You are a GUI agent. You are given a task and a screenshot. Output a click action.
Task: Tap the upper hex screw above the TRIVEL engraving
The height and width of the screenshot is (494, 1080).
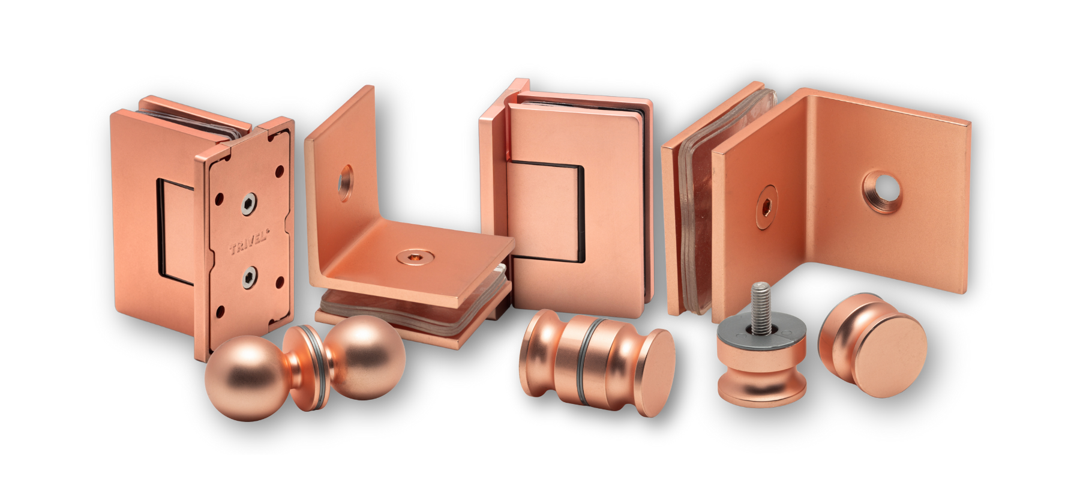pyautogui.click(x=249, y=205)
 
